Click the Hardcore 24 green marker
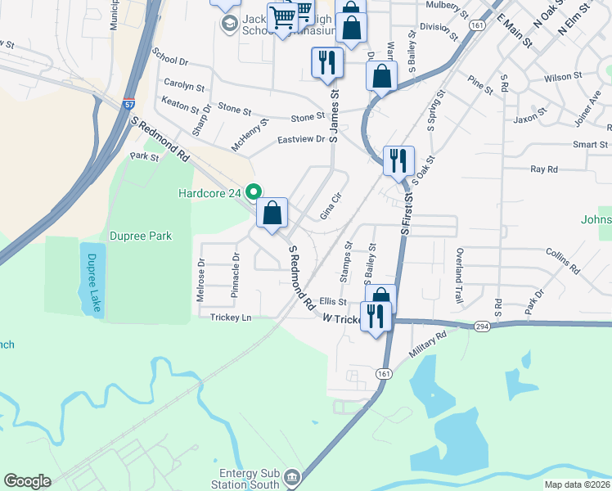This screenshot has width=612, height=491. [254, 193]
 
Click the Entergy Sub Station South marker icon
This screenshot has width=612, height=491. [292, 476]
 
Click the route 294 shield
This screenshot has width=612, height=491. [483, 326]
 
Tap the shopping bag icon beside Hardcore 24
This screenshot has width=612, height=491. [273, 214]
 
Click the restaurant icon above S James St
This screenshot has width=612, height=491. [326, 62]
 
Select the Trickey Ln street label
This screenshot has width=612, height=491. [231, 318]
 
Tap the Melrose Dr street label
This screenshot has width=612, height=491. [200, 281]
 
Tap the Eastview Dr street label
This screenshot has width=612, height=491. [301, 140]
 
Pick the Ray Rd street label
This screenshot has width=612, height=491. [544, 169]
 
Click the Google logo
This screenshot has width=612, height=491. [27, 481]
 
